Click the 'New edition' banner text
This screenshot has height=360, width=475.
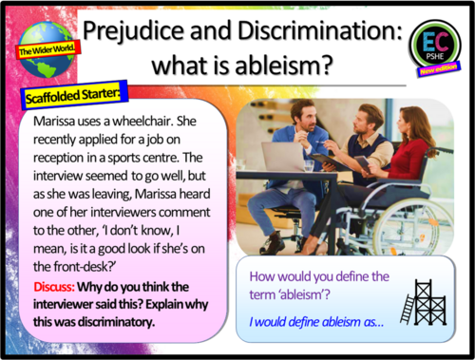point(439,71)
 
